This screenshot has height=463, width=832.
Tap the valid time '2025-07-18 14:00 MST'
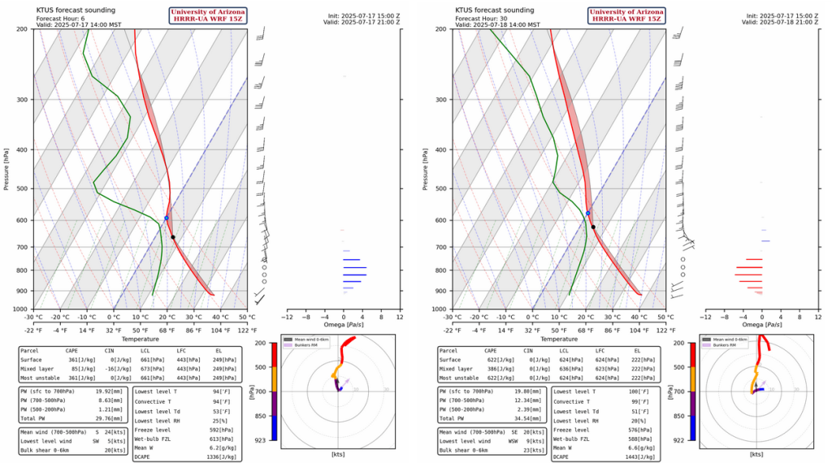click(510, 24)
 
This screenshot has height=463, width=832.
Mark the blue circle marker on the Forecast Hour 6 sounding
click(167, 218)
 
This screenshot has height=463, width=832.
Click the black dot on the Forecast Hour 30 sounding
click(593, 227)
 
